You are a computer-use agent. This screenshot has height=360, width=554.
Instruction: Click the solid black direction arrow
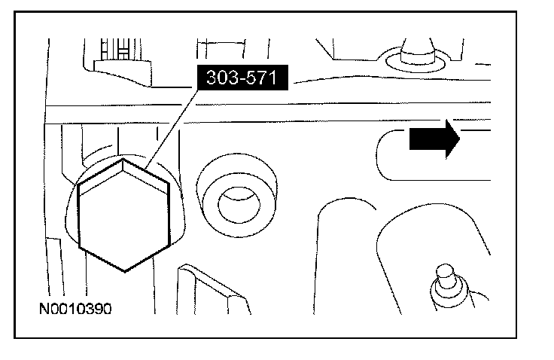pyautogui.click(x=434, y=141)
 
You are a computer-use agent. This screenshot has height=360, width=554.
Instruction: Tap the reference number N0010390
pyautogui.click(x=76, y=308)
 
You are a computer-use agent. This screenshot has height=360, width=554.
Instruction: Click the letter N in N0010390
pyautogui.click(x=45, y=308)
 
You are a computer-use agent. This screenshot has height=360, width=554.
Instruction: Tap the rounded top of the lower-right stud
pyautogui.click(x=444, y=269)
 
